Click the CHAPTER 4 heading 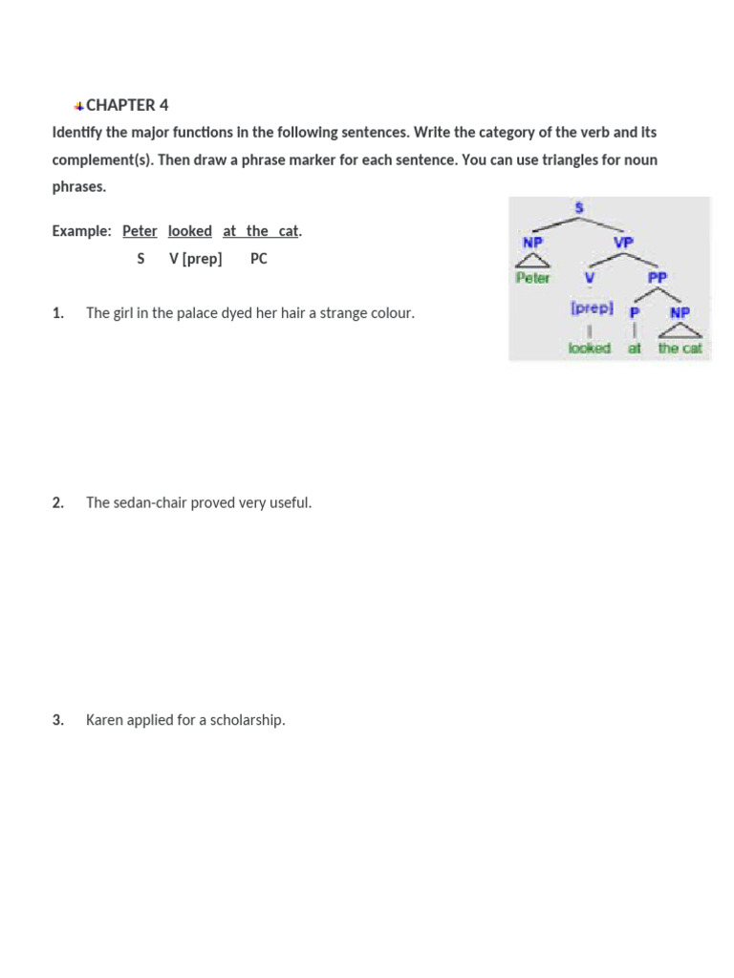(x=127, y=105)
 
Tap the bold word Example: (x=81, y=231)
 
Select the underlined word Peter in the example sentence (x=140, y=231)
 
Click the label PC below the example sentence (x=259, y=259)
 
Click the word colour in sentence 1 (x=390, y=313)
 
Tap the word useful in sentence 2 (x=290, y=502)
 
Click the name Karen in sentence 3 (x=105, y=720)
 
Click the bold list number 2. (x=57, y=502)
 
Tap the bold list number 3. (x=57, y=720)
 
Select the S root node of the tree (x=578, y=207)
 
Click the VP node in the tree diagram (x=623, y=243)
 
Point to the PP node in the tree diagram (x=658, y=277)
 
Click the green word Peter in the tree (x=532, y=278)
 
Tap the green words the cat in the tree (x=680, y=348)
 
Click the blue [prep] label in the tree (x=591, y=309)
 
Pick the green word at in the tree (x=635, y=348)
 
